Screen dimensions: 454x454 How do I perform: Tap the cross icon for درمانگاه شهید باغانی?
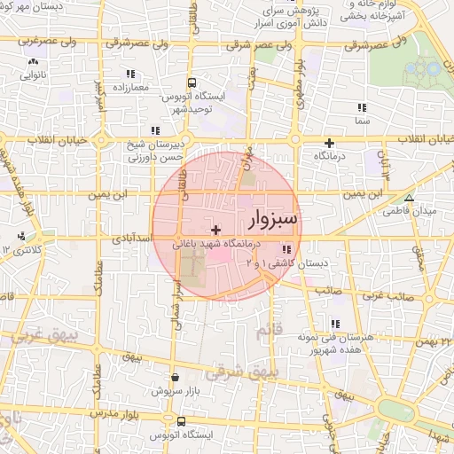215,231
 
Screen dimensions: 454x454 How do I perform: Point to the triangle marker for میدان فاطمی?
409,199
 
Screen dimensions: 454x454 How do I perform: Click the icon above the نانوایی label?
33,62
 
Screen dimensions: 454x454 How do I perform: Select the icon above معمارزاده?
130,74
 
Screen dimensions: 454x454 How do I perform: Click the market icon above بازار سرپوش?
174,377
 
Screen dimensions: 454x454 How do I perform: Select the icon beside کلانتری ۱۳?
20,237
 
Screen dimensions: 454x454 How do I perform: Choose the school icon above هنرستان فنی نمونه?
334,325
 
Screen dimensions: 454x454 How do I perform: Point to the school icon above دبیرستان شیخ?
156,130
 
